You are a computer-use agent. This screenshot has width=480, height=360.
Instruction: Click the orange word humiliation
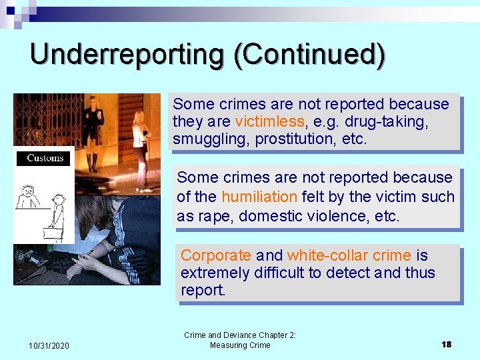click(x=259, y=197)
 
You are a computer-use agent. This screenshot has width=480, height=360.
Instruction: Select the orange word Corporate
click(x=216, y=255)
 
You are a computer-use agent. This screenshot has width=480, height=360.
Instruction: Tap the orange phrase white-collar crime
click(x=349, y=255)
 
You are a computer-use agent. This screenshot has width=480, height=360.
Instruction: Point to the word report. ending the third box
click(x=203, y=291)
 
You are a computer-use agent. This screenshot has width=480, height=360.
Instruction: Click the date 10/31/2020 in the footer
click(x=49, y=345)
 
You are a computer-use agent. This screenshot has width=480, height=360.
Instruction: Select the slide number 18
click(x=446, y=344)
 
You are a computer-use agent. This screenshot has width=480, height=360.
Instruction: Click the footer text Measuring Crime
click(x=240, y=345)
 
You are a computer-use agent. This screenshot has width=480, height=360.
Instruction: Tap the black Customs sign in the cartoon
click(x=45, y=158)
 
